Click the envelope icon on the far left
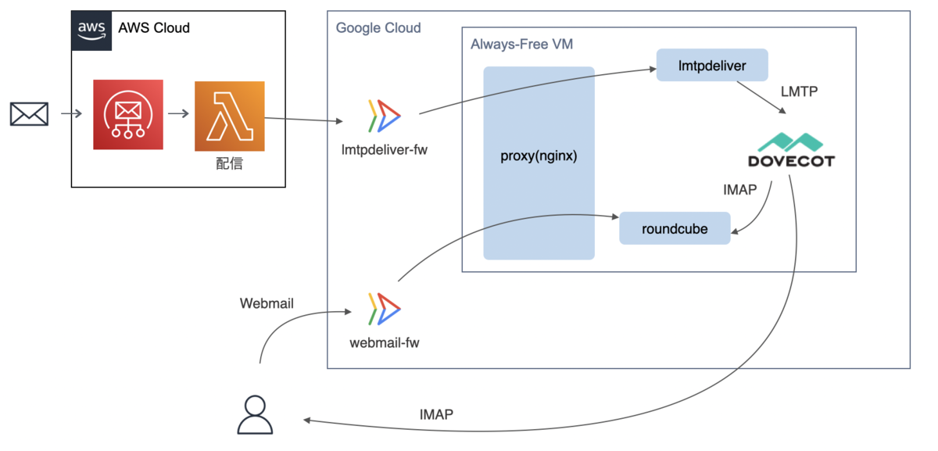coord(29,114)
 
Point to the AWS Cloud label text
coord(154,28)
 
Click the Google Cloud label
coord(378,28)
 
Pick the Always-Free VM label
coord(521,45)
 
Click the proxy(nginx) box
coord(539,156)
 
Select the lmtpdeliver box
coord(712,66)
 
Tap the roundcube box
coord(675,228)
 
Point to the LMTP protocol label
coord(799,91)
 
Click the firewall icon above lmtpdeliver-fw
coord(383,115)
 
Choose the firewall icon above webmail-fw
coord(383,308)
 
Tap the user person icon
coord(256,414)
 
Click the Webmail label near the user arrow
coord(267,303)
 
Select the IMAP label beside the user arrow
coord(436,414)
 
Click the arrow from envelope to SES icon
coord(71,114)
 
